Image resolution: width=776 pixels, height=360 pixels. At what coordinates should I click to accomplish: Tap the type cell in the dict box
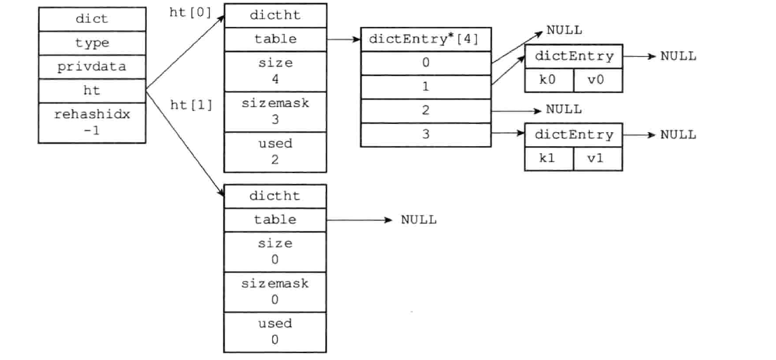92,43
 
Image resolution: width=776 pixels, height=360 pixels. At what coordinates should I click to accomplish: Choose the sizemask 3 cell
275,111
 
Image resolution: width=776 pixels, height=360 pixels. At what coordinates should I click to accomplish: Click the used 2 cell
275,151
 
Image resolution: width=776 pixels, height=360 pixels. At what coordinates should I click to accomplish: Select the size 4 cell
275,71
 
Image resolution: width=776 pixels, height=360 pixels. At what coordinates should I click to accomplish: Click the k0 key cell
549,80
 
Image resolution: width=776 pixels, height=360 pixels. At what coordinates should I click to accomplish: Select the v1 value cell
597,158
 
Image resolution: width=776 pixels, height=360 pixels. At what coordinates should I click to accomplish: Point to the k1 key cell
549,158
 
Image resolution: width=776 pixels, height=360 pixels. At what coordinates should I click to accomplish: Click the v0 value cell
597,80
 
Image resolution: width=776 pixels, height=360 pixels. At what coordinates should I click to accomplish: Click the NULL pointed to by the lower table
418,220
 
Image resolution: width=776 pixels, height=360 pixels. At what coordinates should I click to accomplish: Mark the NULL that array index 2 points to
563,109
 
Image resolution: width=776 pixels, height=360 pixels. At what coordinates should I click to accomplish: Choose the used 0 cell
275,331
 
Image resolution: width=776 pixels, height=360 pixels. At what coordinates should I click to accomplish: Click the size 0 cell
275,251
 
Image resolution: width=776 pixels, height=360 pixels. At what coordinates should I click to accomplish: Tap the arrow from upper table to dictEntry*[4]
344,39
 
